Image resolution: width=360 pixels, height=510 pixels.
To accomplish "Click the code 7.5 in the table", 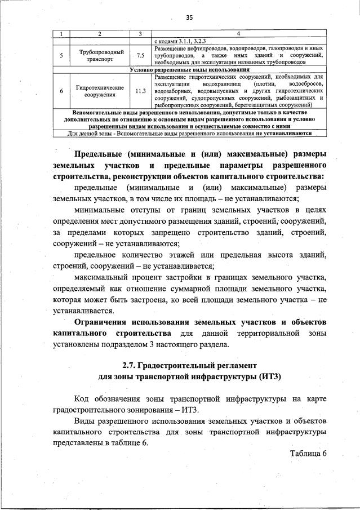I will coord(140,56).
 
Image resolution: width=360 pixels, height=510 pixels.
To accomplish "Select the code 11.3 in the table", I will coord(140,90).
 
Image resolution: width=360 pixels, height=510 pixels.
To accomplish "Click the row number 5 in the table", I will coord(61,56).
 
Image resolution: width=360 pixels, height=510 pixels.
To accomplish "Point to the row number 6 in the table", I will coord(61,90).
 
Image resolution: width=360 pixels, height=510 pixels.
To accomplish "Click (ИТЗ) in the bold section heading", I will coord(269,376).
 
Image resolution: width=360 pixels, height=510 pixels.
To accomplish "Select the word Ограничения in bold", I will coord(101,321).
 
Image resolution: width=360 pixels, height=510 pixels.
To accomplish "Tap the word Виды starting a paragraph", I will coord(85,420).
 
